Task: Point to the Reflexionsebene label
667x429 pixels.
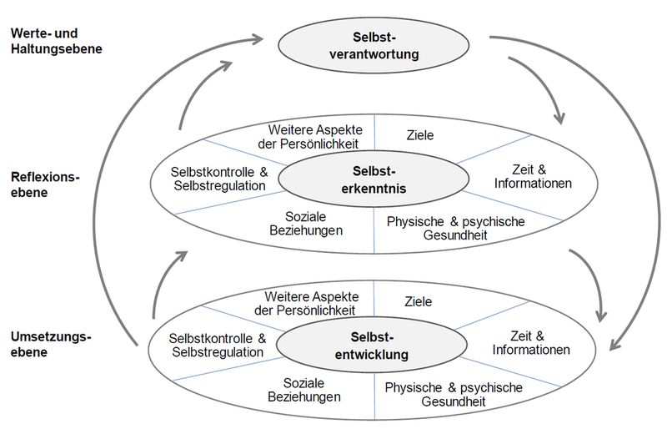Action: point(46,184)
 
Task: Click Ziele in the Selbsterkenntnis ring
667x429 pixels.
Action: point(419,134)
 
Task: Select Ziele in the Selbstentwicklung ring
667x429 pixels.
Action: point(419,300)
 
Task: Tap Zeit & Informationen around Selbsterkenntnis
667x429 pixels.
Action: point(532,175)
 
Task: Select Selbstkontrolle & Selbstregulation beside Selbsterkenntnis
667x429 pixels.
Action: point(218,178)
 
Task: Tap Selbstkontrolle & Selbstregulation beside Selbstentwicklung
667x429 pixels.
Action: point(218,346)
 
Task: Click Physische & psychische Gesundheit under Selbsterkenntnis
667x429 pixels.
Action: point(454,228)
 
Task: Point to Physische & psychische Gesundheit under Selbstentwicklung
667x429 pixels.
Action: point(454,395)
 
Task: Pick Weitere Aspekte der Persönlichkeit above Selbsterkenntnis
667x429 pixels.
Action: point(313,137)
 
